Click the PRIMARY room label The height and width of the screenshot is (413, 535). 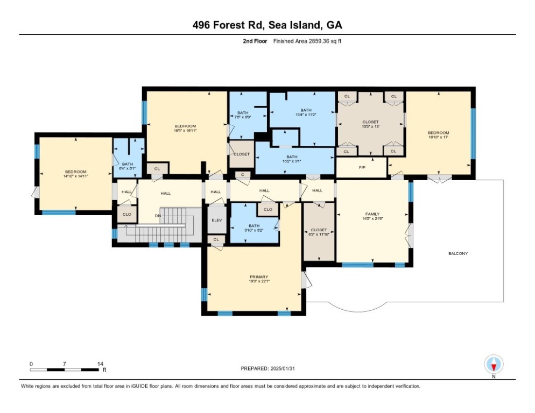click(x=258, y=276)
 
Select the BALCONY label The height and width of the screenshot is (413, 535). click(x=458, y=253)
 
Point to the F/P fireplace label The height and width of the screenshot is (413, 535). click(x=362, y=167)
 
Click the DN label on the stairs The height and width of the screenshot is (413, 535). click(x=157, y=216)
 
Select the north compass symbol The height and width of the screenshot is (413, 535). click(x=493, y=365)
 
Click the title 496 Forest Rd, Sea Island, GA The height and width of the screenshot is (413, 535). click(x=267, y=25)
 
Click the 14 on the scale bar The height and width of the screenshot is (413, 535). click(x=100, y=364)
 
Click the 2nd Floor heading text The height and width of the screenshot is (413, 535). click(x=253, y=41)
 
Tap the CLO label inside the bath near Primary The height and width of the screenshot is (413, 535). click(x=267, y=209)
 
